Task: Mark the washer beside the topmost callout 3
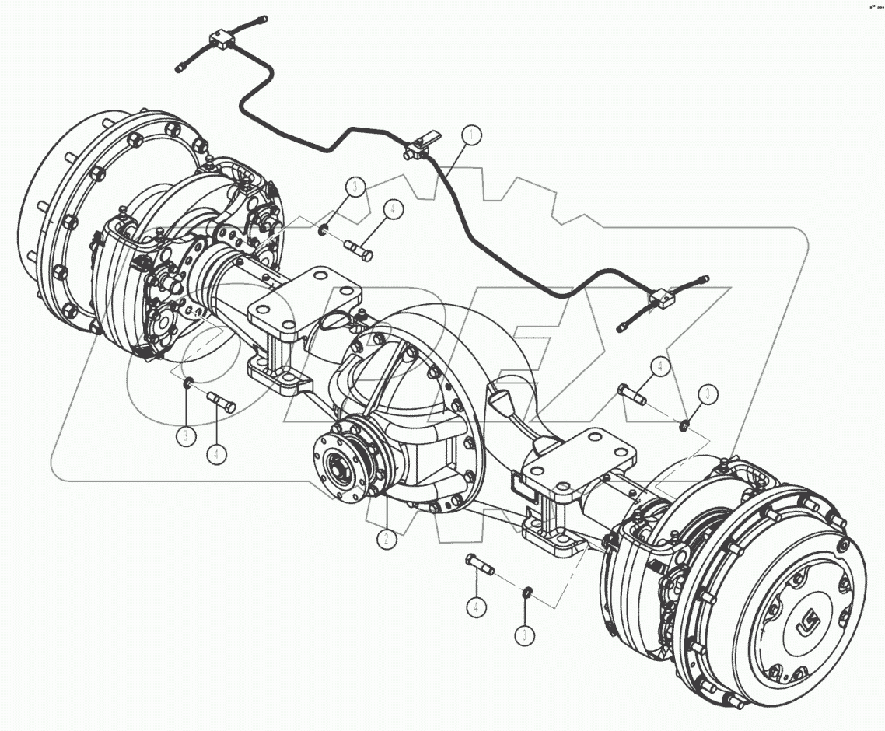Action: [x=322, y=229]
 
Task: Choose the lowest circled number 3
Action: [x=526, y=634]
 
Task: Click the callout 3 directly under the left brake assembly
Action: [x=185, y=435]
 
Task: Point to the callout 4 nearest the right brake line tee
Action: [x=659, y=365]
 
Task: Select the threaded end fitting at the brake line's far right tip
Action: [x=704, y=278]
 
